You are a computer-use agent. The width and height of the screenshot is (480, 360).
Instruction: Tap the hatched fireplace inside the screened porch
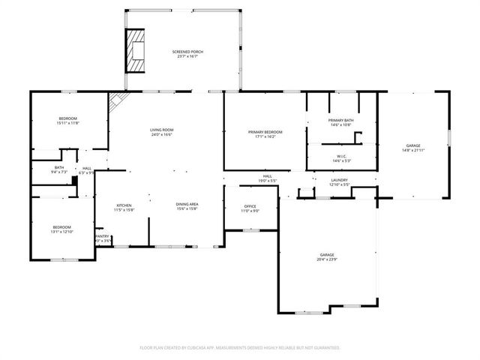(x=135, y=50)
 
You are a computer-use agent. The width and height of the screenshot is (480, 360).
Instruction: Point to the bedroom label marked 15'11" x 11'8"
(x=67, y=121)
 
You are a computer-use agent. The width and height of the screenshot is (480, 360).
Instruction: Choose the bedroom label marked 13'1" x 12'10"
(x=61, y=229)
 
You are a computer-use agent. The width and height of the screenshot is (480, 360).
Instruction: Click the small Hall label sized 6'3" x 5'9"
(x=87, y=169)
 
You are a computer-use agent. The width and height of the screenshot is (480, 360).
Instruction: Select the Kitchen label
(x=124, y=207)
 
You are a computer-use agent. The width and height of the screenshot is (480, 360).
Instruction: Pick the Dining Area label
(x=187, y=207)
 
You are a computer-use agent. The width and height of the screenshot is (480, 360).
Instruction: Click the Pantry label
(x=102, y=238)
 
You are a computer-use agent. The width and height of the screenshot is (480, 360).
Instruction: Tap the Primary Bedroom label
(x=265, y=134)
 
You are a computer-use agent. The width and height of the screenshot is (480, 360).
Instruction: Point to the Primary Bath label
(x=341, y=123)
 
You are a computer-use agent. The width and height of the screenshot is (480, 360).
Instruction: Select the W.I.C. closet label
(x=341, y=157)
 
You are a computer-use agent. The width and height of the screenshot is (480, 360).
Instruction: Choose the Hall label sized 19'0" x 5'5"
(x=267, y=178)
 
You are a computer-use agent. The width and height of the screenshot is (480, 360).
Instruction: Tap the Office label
(x=250, y=208)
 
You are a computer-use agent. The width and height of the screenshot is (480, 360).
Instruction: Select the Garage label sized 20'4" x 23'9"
(x=326, y=257)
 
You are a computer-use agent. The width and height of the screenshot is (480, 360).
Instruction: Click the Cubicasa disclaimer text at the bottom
(x=240, y=348)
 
